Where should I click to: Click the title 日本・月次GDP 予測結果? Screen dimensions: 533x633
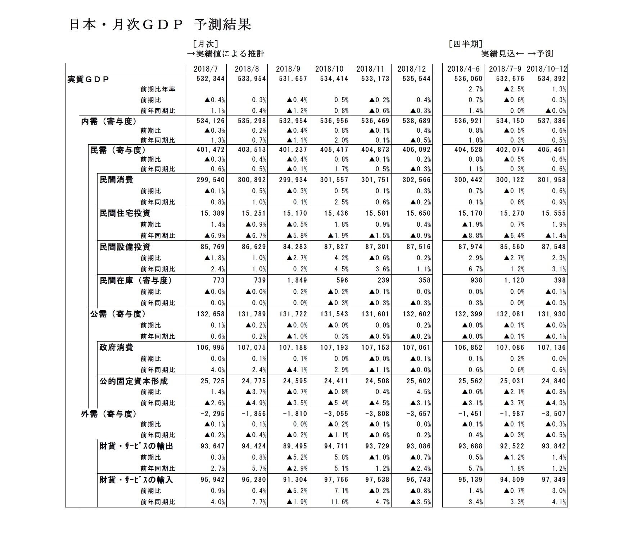click(160, 25)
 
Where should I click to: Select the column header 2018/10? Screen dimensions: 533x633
click(329, 69)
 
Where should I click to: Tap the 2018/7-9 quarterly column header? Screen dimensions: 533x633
click(505, 69)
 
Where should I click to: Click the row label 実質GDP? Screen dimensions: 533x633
click(88, 79)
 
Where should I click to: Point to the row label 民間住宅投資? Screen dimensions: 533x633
click(125, 213)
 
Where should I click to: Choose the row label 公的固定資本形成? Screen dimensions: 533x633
click(134, 381)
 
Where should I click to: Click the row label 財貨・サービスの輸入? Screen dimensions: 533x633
click(136, 479)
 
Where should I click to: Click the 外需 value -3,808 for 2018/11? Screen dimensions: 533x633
click(377, 414)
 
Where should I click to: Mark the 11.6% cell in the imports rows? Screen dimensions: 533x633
click(340, 502)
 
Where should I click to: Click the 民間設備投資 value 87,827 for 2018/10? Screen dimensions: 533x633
click(334, 247)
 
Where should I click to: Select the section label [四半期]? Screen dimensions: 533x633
click(466, 44)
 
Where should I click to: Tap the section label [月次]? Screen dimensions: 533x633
click(205, 44)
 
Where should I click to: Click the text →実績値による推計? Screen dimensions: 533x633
click(226, 54)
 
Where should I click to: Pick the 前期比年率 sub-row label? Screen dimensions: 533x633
click(158, 89)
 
